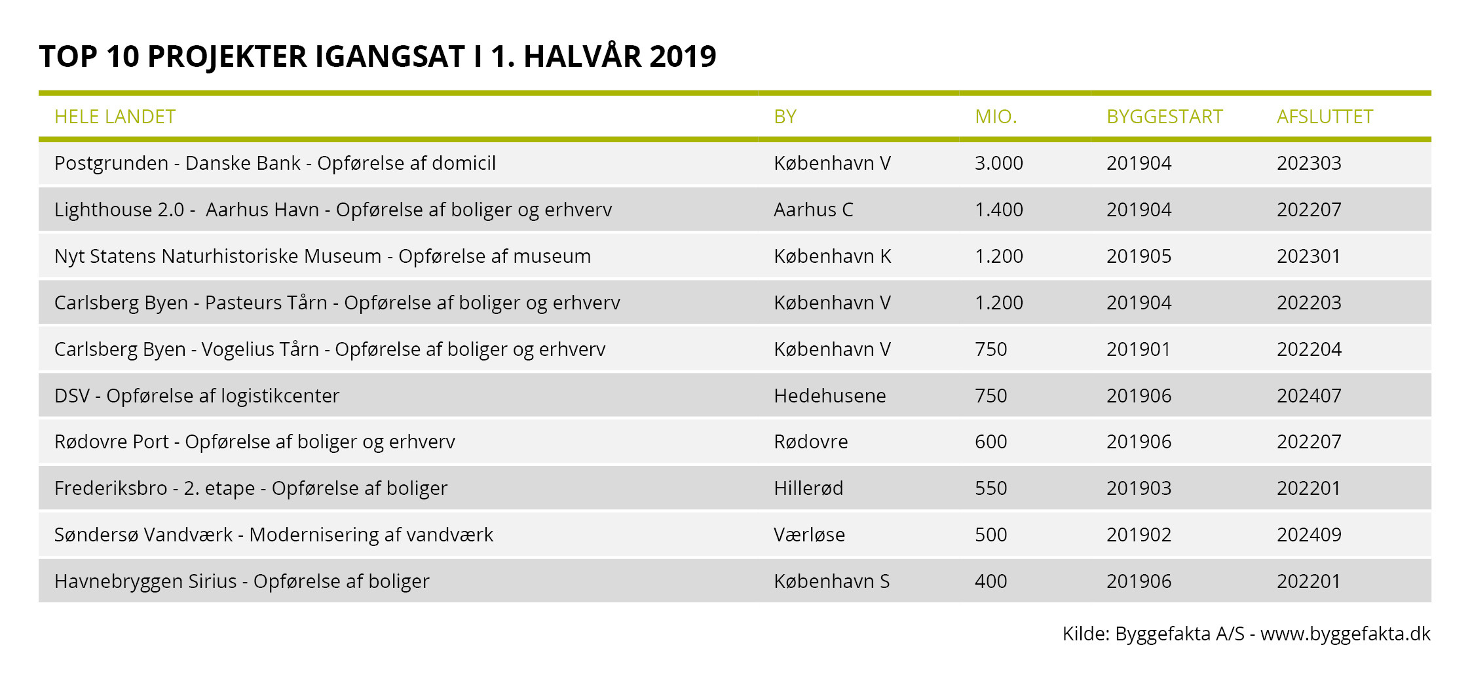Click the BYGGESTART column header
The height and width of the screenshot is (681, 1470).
[x=1164, y=117]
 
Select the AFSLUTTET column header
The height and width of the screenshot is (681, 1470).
[x=1325, y=117]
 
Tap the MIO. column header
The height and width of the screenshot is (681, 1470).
[x=996, y=117]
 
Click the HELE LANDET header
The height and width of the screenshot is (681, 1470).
[x=115, y=117]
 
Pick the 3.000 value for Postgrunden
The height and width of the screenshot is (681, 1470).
[x=998, y=163]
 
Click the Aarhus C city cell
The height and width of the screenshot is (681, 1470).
[x=813, y=210]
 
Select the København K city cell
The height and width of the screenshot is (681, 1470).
[x=832, y=256]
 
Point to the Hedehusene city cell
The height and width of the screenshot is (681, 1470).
[x=829, y=396]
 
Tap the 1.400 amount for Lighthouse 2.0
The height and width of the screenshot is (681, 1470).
[x=998, y=210]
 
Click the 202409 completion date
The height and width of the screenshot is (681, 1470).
[x=1309, y=535]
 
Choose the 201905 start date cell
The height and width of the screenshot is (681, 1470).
[x=1139, y=256]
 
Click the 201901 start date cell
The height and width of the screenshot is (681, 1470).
[x=1138, y=349]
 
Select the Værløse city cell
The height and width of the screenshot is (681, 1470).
[x=809, y=535]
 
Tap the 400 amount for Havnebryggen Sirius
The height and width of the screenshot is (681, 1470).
[x=990, y=581]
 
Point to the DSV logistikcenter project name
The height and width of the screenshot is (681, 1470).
[x=197, y=396]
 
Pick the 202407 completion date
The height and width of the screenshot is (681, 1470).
[x=1309, y=396]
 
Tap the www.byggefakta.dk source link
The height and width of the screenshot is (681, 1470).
[x=1345, y=634]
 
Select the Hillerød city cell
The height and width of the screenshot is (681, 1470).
[x=808, y=488]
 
